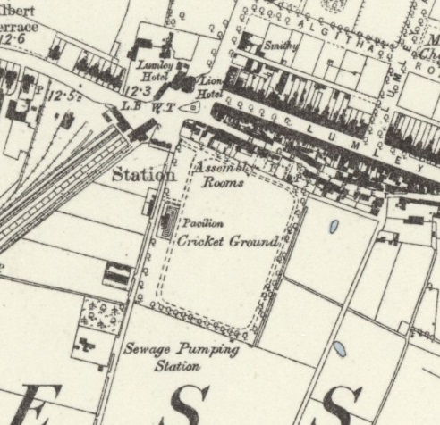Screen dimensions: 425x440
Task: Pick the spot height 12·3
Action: [x=140, y=91]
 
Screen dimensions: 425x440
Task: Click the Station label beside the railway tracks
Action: [x=143, y=175]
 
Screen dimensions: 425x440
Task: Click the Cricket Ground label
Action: [x=227, y=241]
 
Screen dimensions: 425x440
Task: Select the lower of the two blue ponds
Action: [x=339, y=348]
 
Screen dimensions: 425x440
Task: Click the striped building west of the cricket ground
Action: [x=116, y=274]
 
